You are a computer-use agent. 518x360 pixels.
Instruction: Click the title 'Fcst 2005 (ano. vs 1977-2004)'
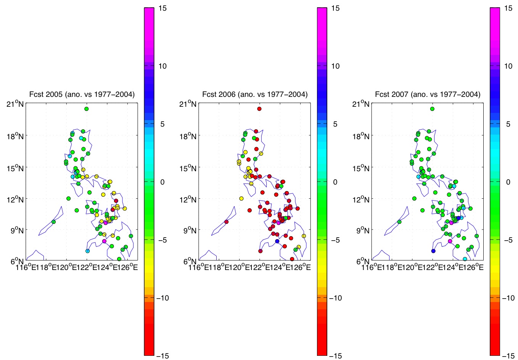pos(82,94)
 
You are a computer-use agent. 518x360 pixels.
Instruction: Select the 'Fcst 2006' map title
pos(255,94)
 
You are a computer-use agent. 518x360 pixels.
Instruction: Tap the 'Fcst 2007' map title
pos(428,94)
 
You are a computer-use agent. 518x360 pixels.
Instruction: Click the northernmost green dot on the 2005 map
pos(87,109)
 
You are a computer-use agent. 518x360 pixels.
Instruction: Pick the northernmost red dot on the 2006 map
pos(259,109)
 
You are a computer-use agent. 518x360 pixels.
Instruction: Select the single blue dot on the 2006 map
pos(277,241)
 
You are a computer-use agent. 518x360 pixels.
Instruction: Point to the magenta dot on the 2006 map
pos(278,223)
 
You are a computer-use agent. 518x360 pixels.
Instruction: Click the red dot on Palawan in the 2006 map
pos(226,222)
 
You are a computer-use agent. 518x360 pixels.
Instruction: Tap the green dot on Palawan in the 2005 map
pos(53,222)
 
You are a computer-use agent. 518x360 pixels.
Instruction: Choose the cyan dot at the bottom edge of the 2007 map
pos(465,259)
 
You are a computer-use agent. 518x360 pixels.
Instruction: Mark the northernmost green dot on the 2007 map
pos(432,109)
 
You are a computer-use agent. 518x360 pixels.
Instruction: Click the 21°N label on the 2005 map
pos(15,104)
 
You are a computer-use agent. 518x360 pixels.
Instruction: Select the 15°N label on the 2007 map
pos(361,167)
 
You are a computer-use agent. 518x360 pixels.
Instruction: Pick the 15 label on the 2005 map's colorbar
pos(162,8)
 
